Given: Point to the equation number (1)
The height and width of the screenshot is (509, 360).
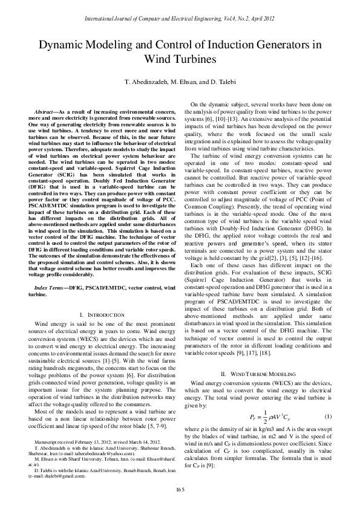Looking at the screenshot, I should click(327, 418).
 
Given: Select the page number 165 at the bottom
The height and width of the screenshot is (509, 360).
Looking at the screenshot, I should click(180, 488).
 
